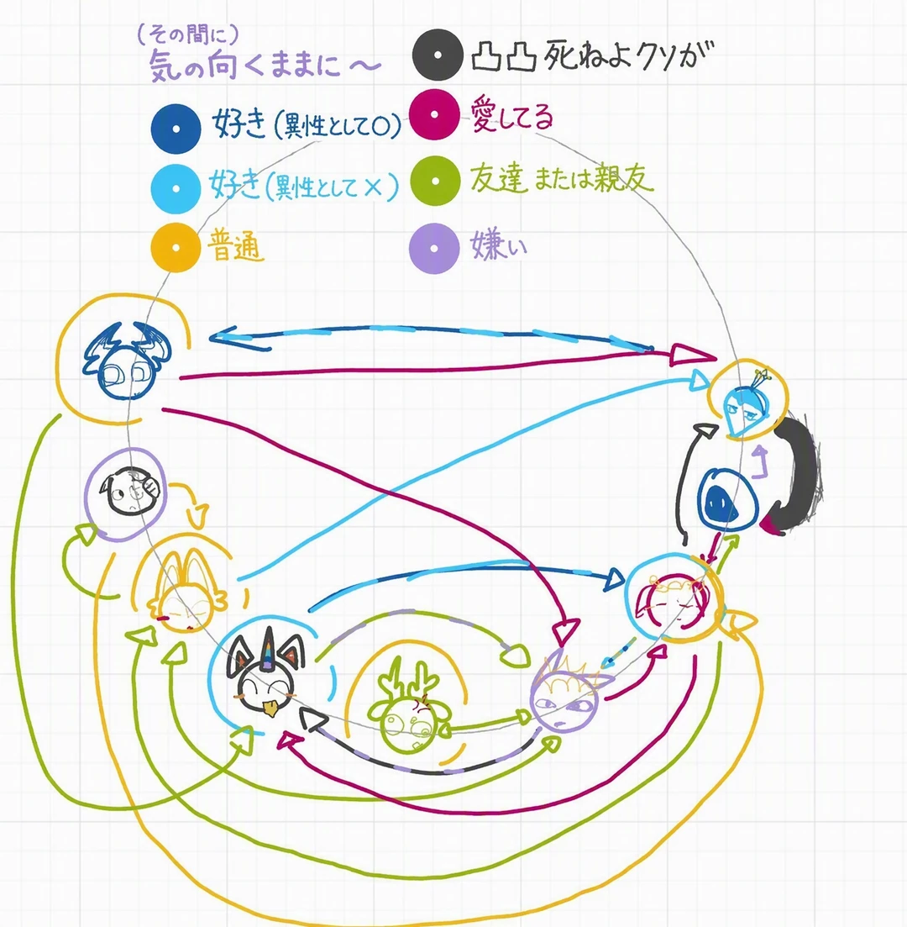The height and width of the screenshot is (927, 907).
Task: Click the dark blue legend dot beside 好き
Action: tap(176, 129)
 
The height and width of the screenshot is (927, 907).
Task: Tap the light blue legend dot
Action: tap(176, 188)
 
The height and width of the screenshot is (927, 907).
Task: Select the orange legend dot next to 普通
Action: tap(176, 247)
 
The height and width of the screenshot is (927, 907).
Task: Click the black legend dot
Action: tap(438, 55)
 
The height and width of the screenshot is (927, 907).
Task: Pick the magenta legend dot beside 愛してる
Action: tap(434, 114)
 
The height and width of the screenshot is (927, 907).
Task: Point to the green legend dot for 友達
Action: tap(435, 181)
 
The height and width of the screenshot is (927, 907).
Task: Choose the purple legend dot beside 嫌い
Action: tap(434, 248)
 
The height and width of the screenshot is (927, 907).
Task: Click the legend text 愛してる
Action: tap(511, 114)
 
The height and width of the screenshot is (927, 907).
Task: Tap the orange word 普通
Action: tap(235, 246)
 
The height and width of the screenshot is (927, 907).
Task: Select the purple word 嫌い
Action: tap(498, 245)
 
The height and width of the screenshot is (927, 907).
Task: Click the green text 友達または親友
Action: tap(562, 178)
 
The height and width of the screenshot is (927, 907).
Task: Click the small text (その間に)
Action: tap(188, 35)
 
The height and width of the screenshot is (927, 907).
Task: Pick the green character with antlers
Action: tap(409, 709)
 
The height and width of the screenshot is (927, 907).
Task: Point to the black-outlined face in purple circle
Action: tap(132, 491)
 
